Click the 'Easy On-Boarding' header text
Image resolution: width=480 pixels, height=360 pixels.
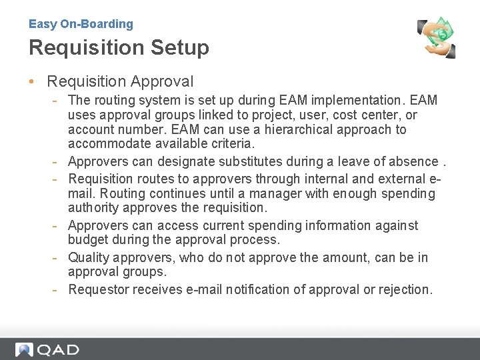click(x=81, y=24)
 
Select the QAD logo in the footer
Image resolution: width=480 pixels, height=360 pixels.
click(x=47, y=350)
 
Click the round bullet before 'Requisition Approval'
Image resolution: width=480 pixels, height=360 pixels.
click(x=32, y=83)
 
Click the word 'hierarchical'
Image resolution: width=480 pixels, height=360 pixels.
click(x=309, y=129)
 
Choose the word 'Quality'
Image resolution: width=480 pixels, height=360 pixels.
click(x=90, y=258)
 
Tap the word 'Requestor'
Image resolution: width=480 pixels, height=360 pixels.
click(x=99, y=289)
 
